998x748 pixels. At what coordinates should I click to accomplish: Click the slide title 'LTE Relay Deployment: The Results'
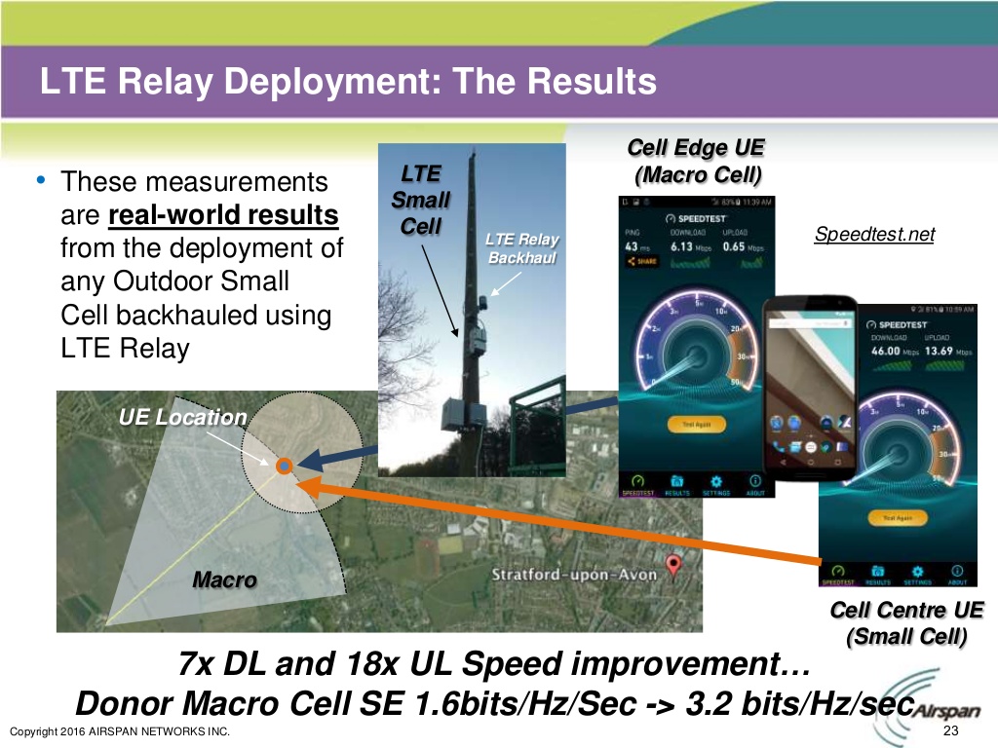[x=348, y=81]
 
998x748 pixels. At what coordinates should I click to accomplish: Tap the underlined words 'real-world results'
[x=224, y=214]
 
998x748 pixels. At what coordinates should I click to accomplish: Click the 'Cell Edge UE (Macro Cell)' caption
[x=696, y=162]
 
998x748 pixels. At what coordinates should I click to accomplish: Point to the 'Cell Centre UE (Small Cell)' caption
[x=906, y=623]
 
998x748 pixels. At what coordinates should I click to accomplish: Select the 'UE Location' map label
[x=182, y=417]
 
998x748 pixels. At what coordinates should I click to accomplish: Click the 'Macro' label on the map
[x=224, y=580]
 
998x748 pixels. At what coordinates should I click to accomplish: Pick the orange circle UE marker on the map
[x=284, y=467]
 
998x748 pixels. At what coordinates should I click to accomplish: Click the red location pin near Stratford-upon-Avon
[x=672, y=564]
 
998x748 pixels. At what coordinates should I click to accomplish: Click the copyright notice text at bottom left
[x=118, y=732]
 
